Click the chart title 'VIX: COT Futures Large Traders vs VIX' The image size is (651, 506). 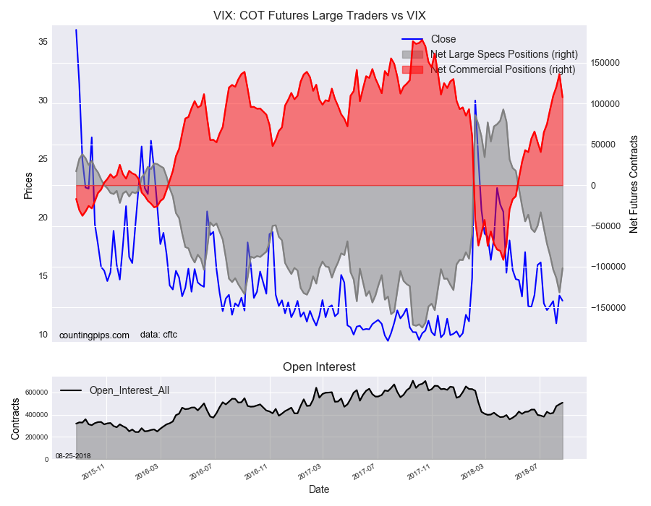319,14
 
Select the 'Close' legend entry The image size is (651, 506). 443,39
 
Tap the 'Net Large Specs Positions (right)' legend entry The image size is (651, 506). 503,54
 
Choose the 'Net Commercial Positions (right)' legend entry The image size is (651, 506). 503,69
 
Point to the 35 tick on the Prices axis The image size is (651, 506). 43,42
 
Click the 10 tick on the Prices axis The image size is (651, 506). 43,335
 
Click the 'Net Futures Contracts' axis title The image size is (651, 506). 634,184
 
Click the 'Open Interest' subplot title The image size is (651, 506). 319,367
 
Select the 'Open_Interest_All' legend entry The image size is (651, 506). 129,390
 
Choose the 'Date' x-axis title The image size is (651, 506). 319,489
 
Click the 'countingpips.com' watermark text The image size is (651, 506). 94,335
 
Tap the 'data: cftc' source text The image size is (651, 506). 158,335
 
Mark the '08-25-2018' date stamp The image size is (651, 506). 73,455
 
